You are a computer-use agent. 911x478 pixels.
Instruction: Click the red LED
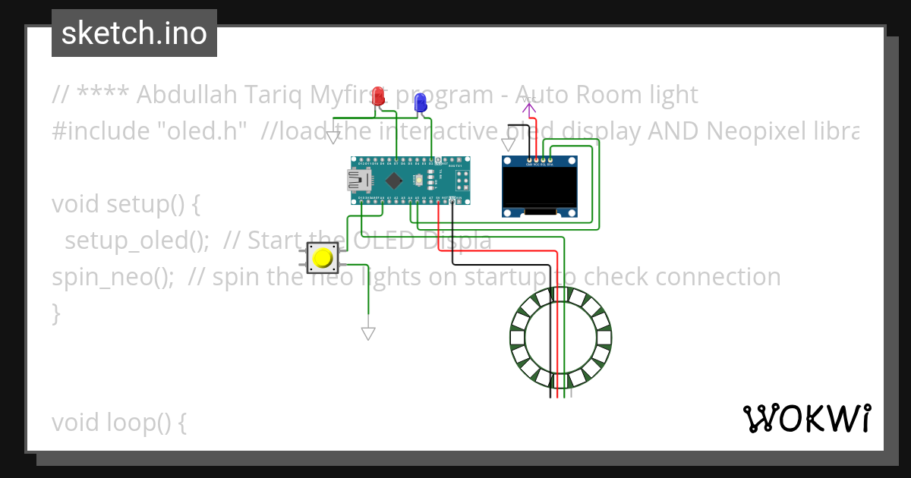379,96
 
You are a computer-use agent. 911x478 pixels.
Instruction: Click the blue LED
420,102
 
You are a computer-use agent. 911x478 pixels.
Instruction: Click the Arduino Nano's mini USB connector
356,180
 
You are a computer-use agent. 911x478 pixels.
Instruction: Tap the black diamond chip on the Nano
393,181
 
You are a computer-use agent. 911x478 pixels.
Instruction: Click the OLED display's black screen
540,187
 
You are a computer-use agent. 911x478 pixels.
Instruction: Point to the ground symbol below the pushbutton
368,333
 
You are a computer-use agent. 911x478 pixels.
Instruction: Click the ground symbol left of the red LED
333,137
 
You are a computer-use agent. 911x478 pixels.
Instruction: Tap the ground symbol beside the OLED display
509,144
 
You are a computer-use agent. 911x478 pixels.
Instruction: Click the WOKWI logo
806,419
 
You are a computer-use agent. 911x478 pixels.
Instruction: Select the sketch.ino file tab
134,33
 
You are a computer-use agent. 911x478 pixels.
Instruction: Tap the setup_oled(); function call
137,241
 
